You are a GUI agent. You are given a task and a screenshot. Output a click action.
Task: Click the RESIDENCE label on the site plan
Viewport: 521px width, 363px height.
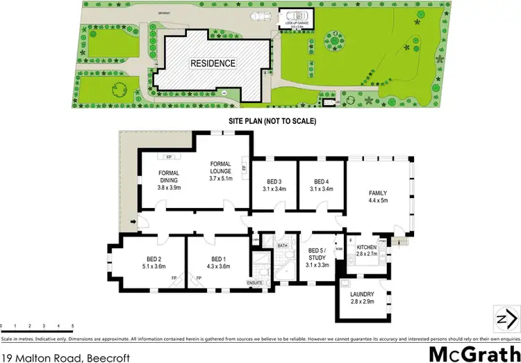(213, 63)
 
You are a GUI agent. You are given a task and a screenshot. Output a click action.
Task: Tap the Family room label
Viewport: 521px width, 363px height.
(378, 197)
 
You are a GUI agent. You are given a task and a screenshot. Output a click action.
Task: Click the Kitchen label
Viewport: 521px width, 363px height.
(366, 251)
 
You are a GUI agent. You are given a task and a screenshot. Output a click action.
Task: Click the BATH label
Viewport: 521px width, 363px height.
(282, 245)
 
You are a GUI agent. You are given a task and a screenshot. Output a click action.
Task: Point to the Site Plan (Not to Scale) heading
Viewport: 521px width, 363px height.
(272, 121)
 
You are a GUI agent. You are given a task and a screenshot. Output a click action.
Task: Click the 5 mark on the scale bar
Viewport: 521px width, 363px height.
(72, 325)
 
